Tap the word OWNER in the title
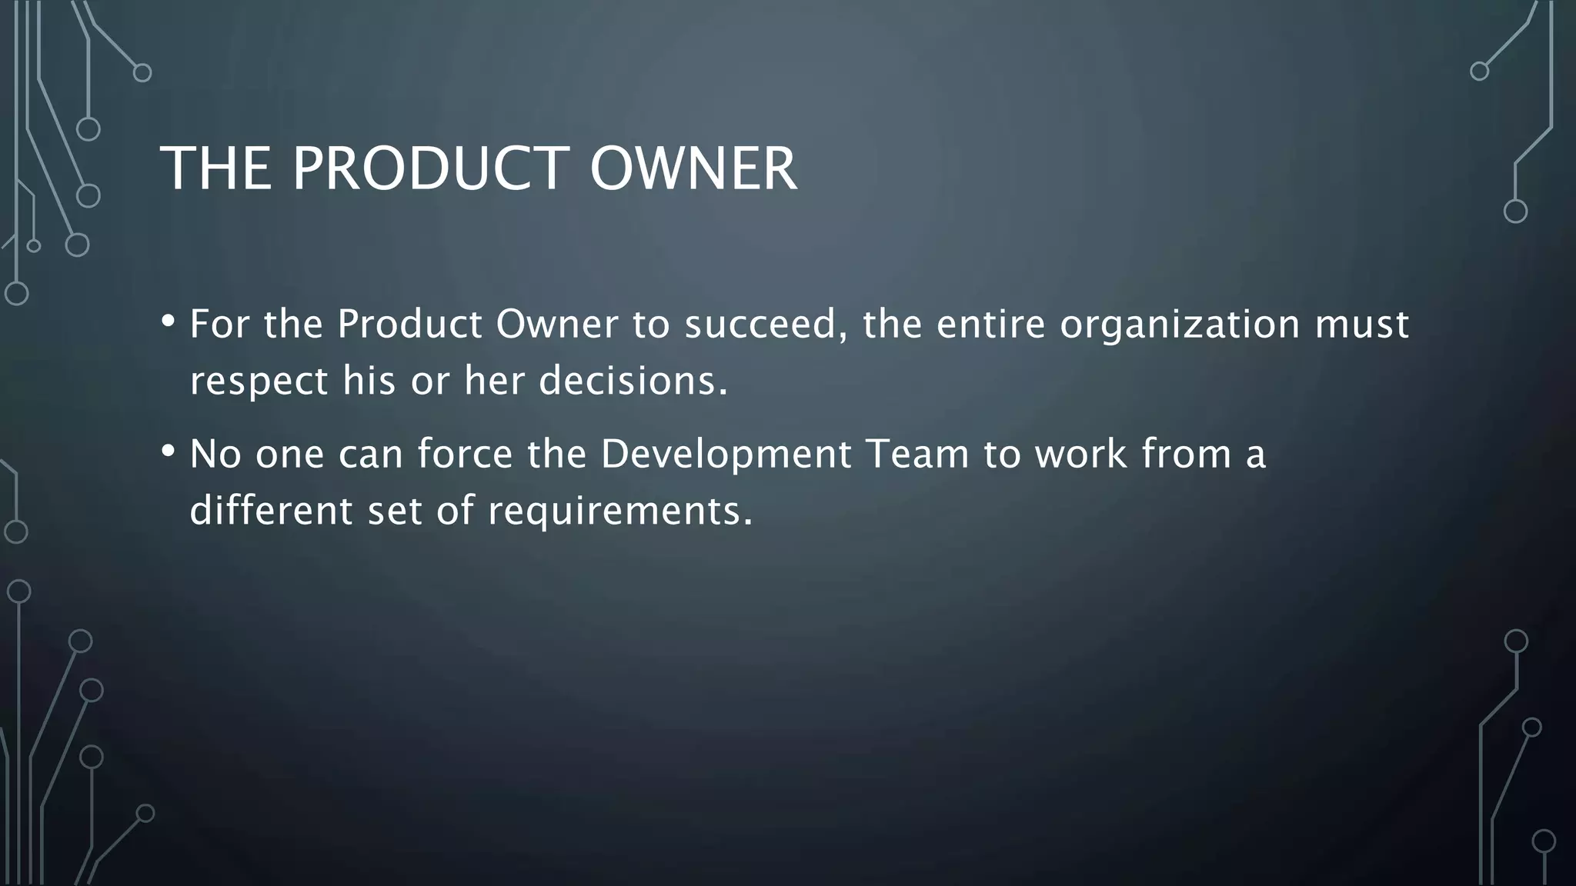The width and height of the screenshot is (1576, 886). tap(693, 168)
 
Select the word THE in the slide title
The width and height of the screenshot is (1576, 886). tap(215, 168)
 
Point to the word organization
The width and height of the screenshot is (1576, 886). tap(1180, 325)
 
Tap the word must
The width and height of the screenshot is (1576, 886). tap(1361, 325)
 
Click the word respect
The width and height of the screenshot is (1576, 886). tap(259, 381)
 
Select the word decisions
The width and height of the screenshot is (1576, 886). tap(633, 381)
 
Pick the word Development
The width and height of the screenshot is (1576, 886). tap(726, 455)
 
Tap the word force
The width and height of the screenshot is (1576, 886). tap(465, 455)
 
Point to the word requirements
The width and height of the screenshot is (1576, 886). tap(619, 511)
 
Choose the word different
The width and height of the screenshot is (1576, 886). tap(270, 511)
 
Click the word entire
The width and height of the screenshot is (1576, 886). tap(990, 325)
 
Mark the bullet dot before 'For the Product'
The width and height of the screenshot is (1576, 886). tap(169, 321)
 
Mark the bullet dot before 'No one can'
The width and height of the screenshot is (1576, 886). tap(169, 451)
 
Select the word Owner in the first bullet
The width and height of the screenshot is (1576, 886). tap(556, 325)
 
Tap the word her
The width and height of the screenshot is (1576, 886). tap(493, 381)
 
